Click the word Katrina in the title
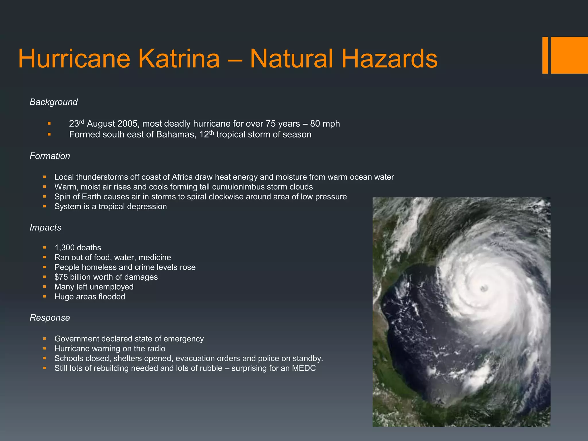pos(179,59)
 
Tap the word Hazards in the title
pos(389,59)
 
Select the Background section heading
pos(54,102)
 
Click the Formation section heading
pos(50,156)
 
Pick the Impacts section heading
pos(45,227)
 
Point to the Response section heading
pos(50,318)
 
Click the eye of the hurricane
pos(484,288)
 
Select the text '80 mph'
pos(325,124)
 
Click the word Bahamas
pos(176,135)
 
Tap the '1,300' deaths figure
pos(65,248)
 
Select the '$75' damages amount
pos(61,277)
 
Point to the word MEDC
pos(304,368)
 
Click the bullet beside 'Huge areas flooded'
pos(45,296)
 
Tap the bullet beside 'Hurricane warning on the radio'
pos(45,348)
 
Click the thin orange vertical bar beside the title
pos(545,55)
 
